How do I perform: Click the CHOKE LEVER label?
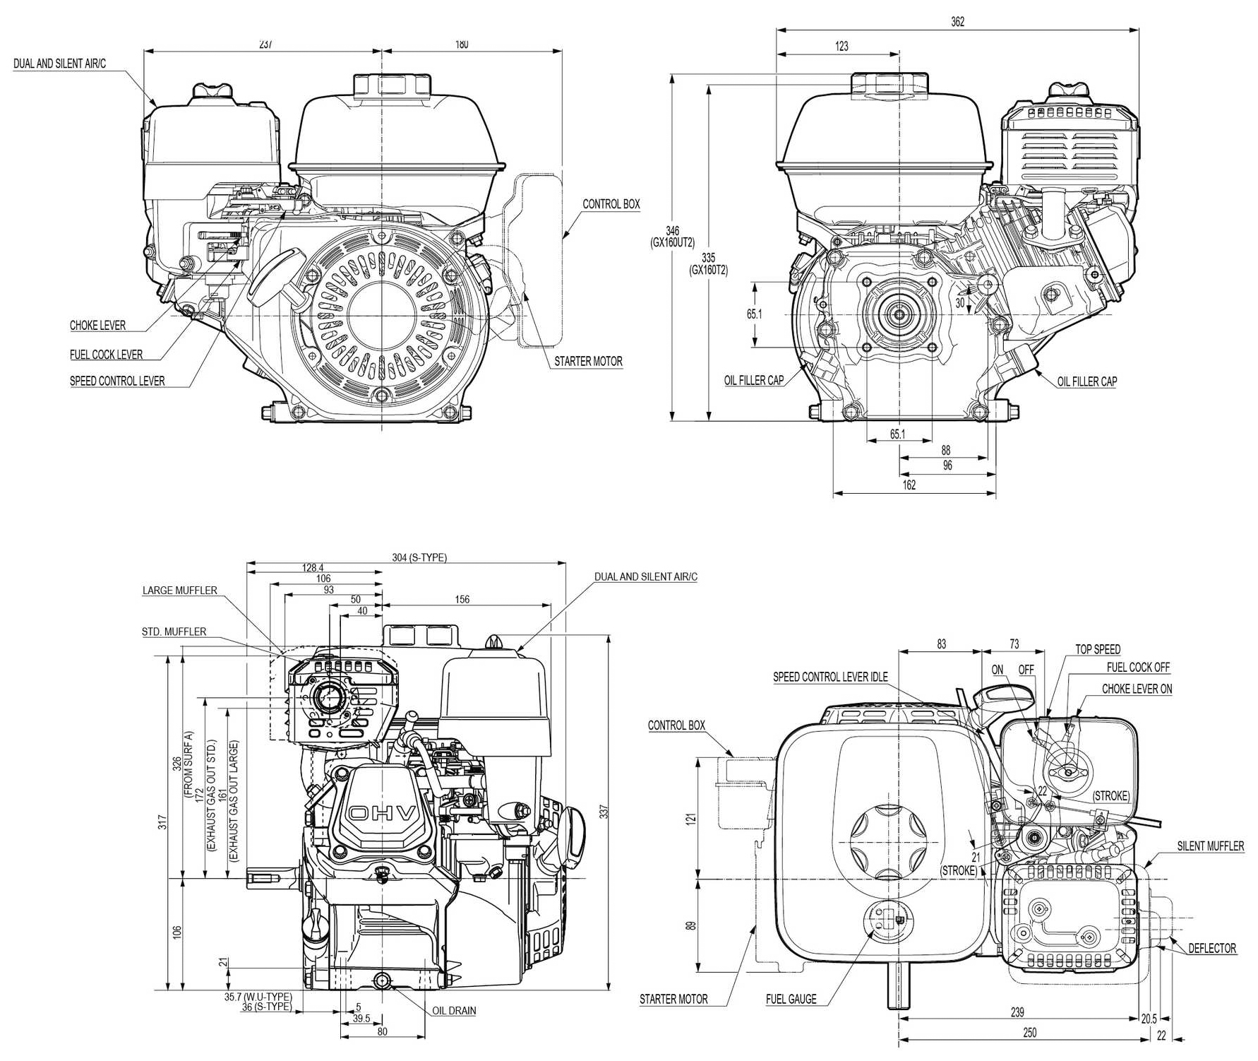97,326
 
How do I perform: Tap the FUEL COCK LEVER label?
106,355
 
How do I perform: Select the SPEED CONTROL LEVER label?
117,381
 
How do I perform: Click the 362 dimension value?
957,22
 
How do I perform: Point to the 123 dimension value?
841,47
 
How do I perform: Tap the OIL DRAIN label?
454,1011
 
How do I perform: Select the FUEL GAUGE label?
791,1000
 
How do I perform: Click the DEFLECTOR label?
1212,949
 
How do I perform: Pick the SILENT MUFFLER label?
1210,846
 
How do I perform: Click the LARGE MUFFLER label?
179,591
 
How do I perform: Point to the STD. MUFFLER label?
174,632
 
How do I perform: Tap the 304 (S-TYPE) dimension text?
419,557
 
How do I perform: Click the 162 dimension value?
909,485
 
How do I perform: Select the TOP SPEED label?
1098,650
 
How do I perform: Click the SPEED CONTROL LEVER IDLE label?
830,677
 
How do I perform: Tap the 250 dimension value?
1030,1033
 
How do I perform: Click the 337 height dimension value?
603,813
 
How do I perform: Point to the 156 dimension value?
462,600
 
